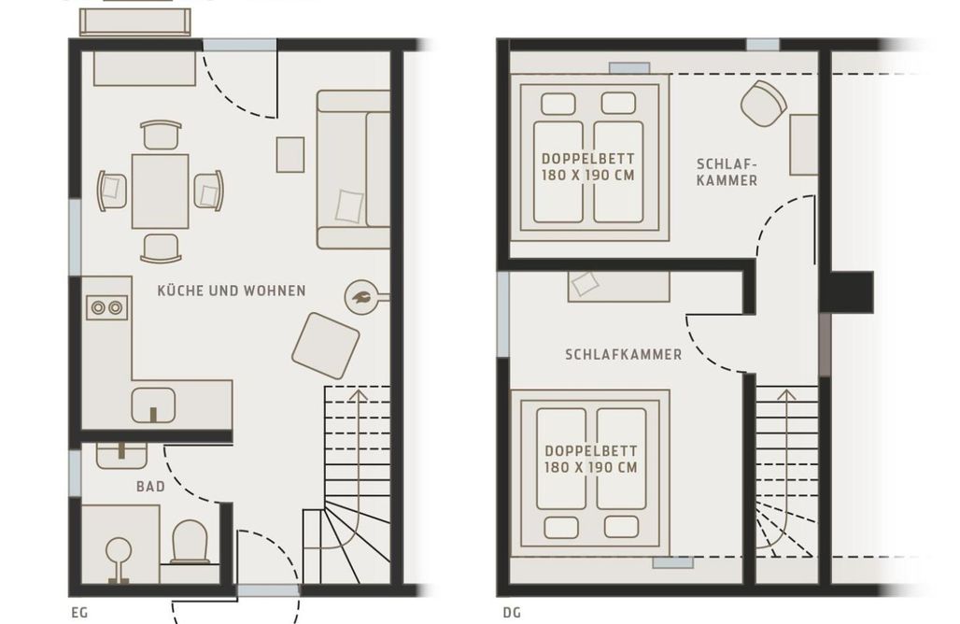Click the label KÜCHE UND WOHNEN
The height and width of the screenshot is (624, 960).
point(232,291)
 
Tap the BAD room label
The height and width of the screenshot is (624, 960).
point(150,487)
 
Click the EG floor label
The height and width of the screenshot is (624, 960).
point(79,613)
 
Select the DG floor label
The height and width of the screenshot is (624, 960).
point(512,613)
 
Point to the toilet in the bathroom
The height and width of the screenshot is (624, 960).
point(190,543)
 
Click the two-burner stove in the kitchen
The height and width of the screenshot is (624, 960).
point(107,307)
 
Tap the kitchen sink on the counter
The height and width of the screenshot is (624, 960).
point(153,405)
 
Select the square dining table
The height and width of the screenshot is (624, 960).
point(161,191)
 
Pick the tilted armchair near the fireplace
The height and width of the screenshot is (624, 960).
point(325,346)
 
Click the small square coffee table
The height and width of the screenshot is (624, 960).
point(290,155)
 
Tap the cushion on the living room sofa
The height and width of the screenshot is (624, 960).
point(349,206)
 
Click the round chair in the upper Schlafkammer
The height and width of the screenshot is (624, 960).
point(764,104)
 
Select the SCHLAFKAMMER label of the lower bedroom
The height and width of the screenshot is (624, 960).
point(623,355)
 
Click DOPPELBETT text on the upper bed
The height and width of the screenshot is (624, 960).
point(587,159)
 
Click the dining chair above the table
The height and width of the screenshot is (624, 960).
point(161,135)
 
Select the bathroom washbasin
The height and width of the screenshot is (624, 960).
point(121,454)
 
